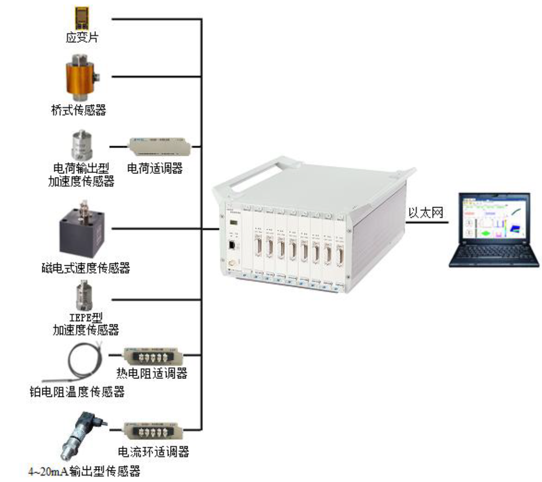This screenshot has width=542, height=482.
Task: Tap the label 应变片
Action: tap(81, 37)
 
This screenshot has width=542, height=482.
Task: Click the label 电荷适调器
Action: tap(155, 168)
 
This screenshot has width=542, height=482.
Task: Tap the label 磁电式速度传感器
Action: tap(86, 268)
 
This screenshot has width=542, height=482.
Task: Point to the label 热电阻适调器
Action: tap(152, 373)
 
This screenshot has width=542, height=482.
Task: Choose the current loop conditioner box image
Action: tap(153, 431)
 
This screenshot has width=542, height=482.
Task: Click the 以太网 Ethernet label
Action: tap(425, 213)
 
